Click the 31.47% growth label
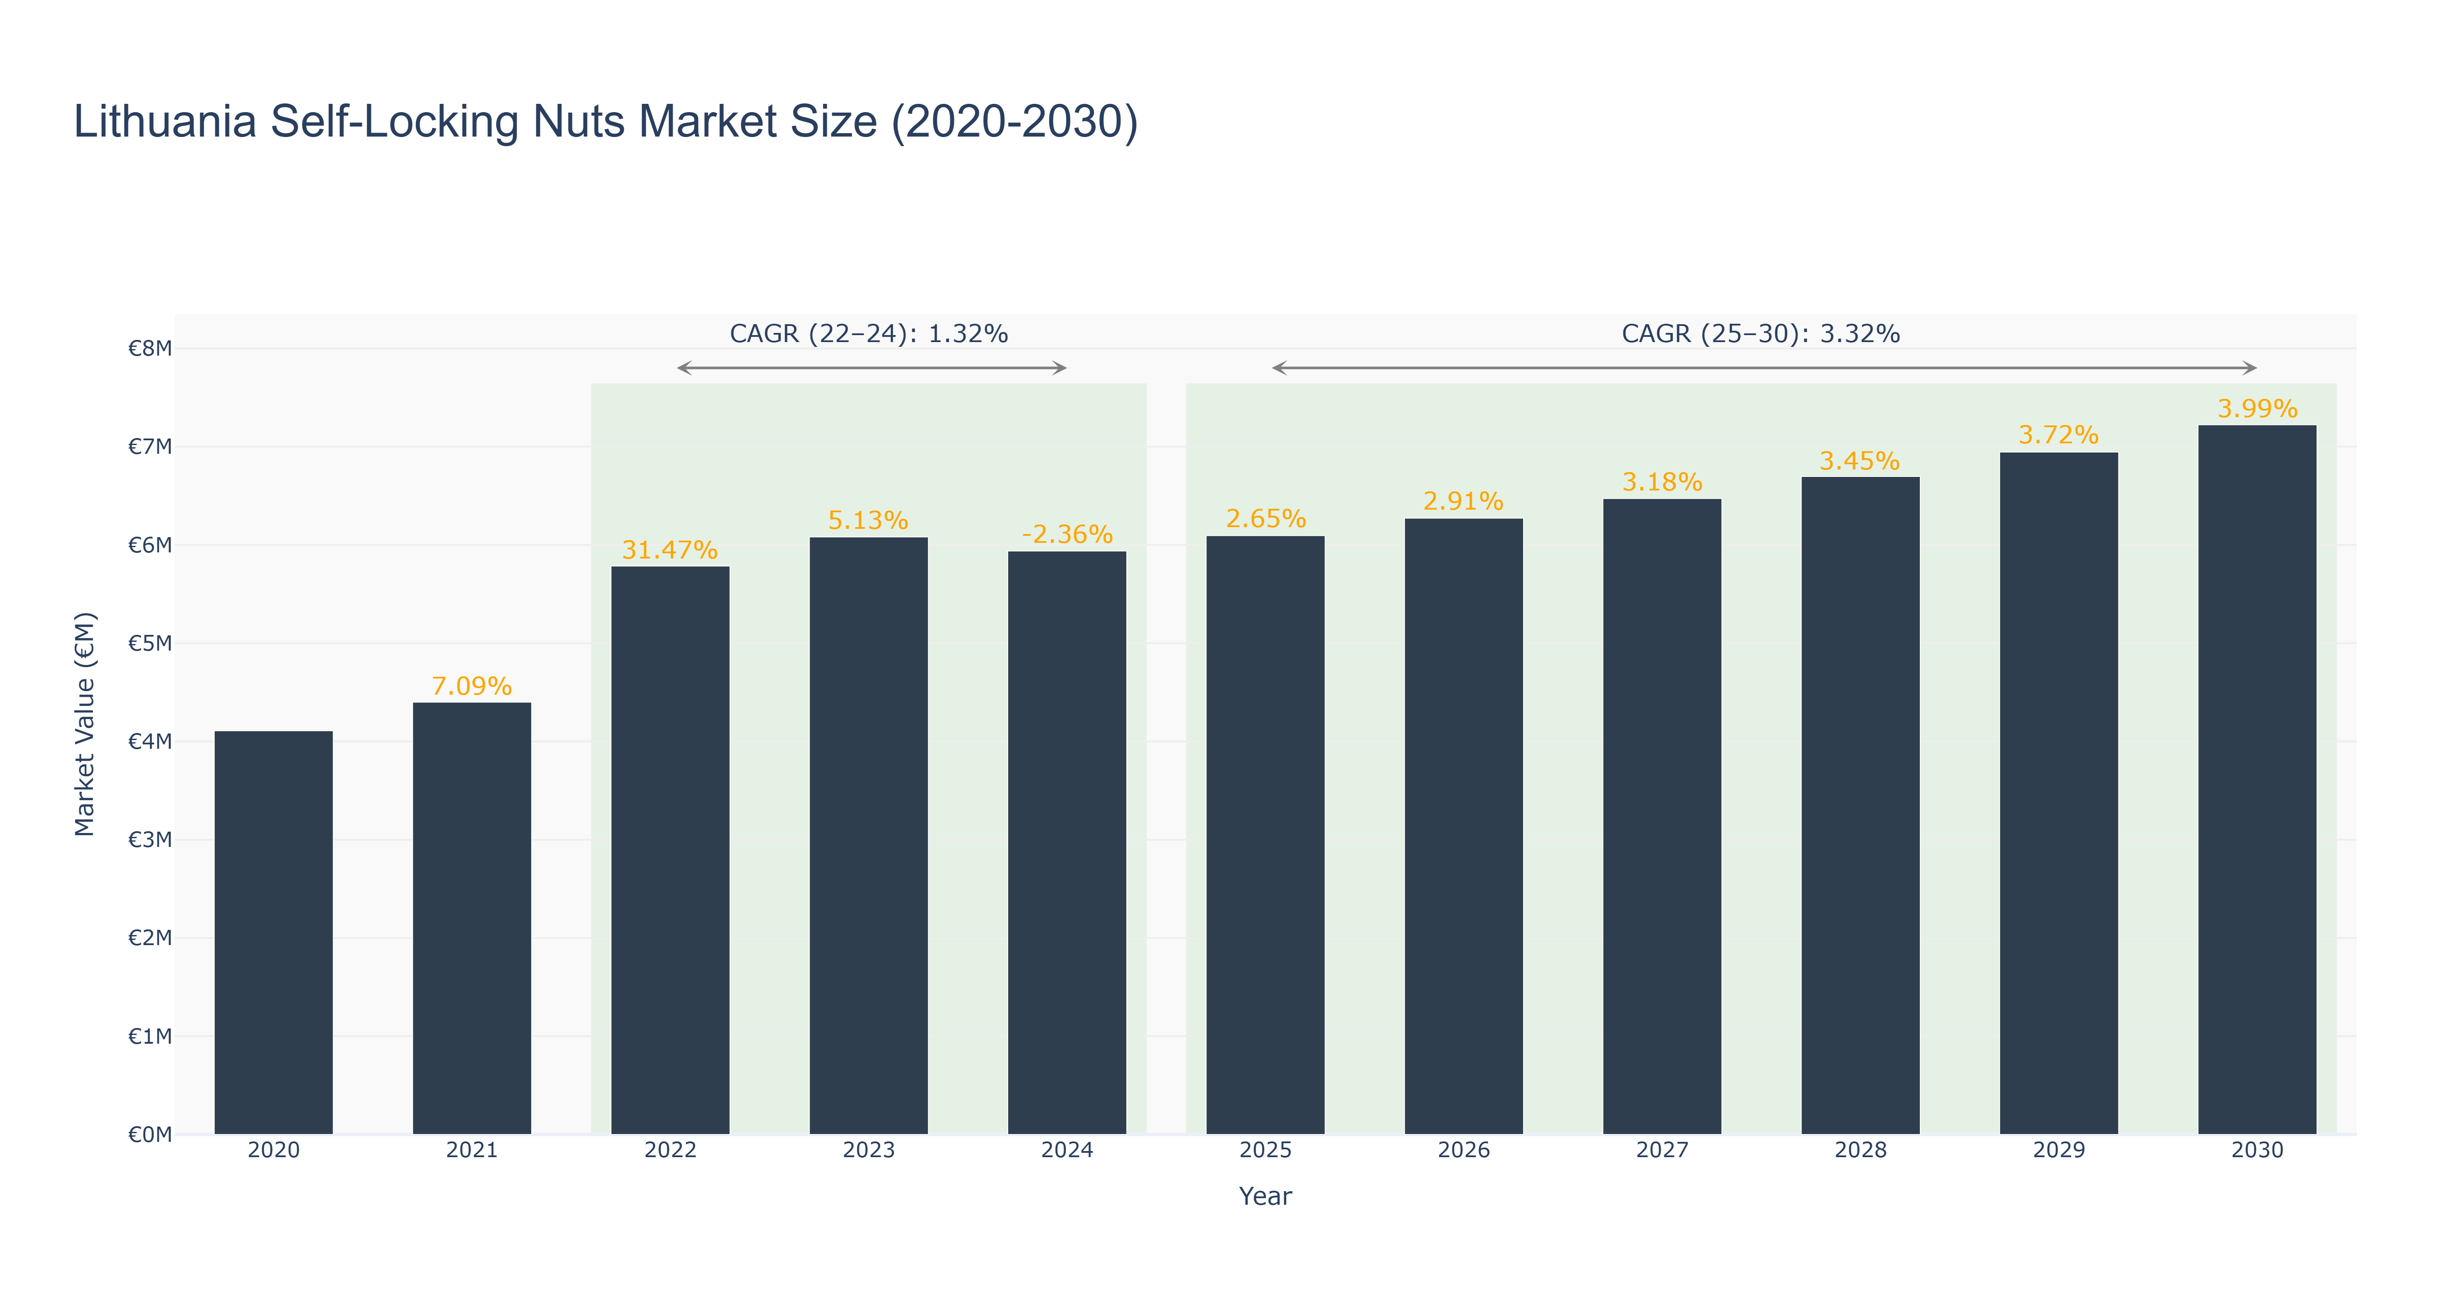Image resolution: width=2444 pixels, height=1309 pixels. (670, 550)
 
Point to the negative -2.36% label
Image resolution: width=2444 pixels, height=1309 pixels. (1066, 535)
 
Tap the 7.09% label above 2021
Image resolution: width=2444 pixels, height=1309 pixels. (471, 686)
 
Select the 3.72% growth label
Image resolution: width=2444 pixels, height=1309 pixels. (2058, 435)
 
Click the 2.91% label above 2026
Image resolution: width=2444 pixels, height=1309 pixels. (1463, 501)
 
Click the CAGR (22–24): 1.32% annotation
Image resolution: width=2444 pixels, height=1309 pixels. (868, 334)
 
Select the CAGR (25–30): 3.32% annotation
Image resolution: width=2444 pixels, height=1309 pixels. (1760, 334)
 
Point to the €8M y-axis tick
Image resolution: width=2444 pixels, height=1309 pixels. (150, 348)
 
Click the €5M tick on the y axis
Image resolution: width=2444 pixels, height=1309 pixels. (150, 643)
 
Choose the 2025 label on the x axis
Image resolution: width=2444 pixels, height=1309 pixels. (1265, 1150)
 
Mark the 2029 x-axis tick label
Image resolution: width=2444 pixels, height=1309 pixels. (2058, 1150)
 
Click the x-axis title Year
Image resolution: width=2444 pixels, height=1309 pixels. (1265, 1196)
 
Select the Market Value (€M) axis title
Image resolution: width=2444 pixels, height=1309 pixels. (86, 724)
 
